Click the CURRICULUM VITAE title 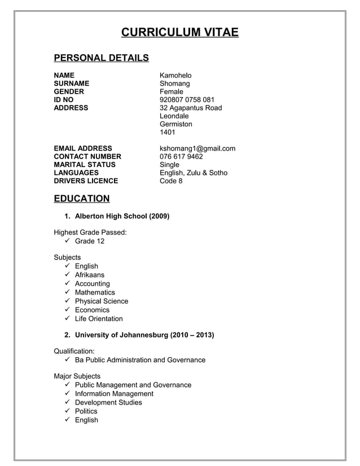(180, 32)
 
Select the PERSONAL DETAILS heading (101, 58)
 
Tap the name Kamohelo (175, 76)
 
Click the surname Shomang (174, 83)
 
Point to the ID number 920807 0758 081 (187, 100)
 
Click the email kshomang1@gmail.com (197, 148)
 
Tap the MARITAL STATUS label (84, 165)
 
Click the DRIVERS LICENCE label (86, 181)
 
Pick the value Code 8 (171, 181)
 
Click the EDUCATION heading (81, 199)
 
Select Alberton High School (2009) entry (122, 216)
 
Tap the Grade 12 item (90, 241)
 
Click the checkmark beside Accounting (67, 284)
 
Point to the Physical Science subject (102, 301)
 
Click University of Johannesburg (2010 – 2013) (144, 335)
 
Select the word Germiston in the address (175, 124)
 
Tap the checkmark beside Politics (67, 411)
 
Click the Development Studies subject (108, 403)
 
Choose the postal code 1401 (168, 133)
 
